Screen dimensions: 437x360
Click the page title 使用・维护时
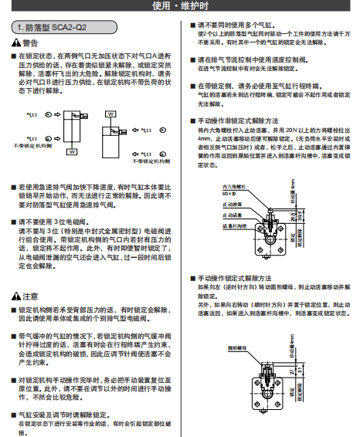179,7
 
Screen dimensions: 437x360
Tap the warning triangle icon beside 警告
17,43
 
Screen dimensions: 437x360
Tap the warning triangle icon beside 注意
17,296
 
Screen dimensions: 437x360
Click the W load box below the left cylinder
72,152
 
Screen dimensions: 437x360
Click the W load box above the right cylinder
111,113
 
